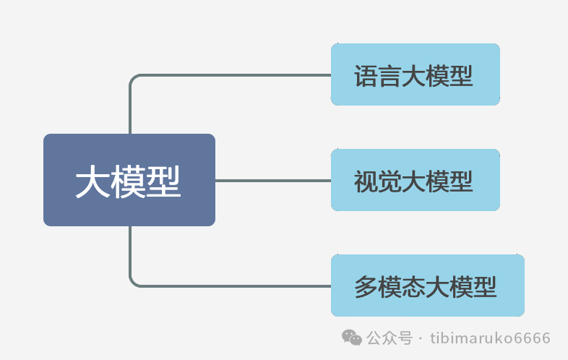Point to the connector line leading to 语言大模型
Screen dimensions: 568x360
tap(231, 74)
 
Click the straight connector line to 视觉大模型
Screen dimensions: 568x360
tap(273, 180)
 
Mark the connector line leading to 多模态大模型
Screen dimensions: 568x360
tap(231, 286)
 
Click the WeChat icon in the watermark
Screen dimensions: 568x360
tap(352, 338)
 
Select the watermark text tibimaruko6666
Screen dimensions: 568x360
tap(490, 338)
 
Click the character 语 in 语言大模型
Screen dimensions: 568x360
tap(366, 75)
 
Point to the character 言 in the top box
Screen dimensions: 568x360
tap(390, 75)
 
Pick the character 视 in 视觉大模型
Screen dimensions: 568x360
tap(366, 181)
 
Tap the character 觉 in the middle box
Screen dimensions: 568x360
tap(390, 181)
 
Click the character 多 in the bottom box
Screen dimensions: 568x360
tap(366, 286)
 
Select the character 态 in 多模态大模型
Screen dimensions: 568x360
tap(414, 286)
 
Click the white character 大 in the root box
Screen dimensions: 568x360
tap(93, 181)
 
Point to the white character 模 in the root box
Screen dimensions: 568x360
tap(129, 181)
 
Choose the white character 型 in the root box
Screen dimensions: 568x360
tap(164, 181)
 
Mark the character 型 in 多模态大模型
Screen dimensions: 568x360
tap(485, 286)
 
